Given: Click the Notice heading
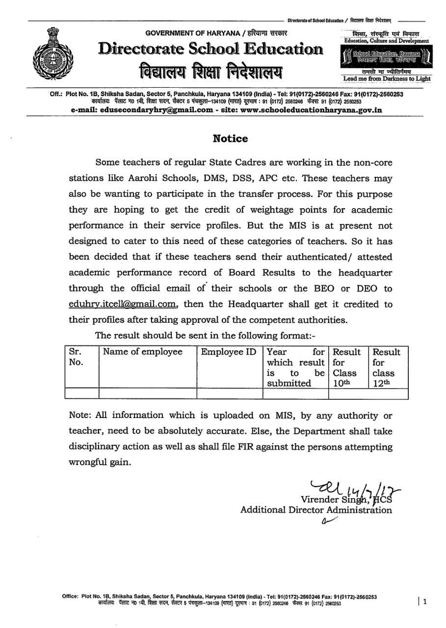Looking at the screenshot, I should coord(230,138).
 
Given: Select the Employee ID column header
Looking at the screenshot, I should coord(229,352).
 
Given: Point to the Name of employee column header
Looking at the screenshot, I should coord(142,352).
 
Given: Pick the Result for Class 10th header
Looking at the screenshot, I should coord(347,367).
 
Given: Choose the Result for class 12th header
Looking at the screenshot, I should coord(387,367).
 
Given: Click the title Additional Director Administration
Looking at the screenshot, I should coord(316,510).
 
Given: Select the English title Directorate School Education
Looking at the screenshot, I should coord(210,49).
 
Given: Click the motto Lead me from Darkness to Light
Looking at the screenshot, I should coord(387,78).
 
